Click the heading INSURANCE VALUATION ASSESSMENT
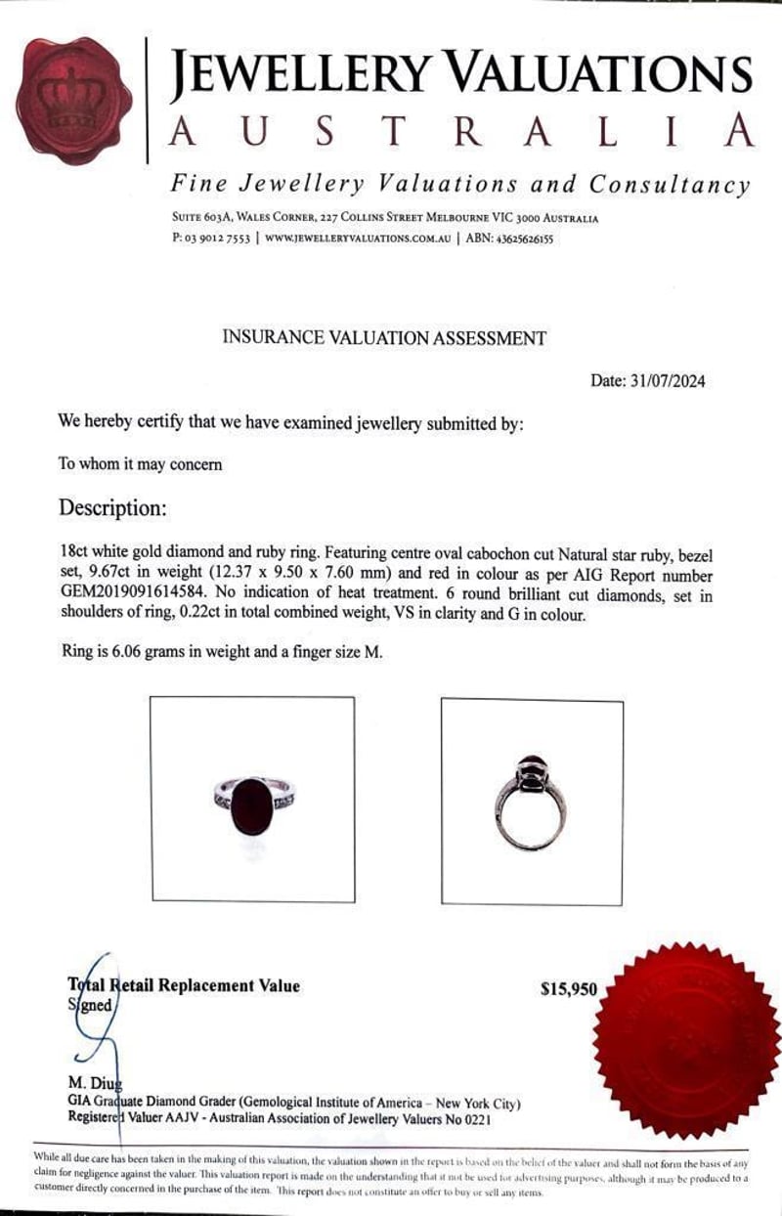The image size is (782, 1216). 384,338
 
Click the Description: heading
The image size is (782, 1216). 112,508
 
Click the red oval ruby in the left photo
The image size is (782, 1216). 252,805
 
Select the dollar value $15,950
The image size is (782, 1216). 568,989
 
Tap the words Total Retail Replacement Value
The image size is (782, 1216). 183,985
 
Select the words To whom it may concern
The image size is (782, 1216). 140,464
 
